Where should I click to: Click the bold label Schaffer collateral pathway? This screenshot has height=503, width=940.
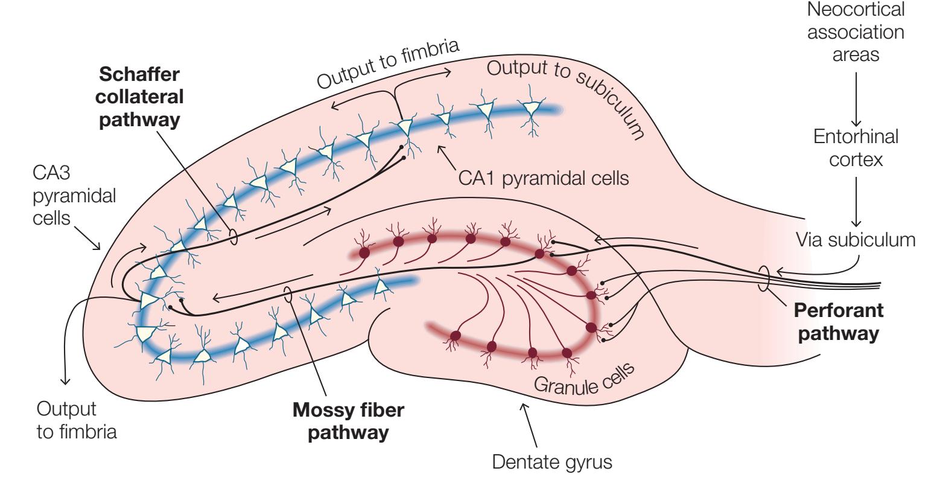[x=140, y=96]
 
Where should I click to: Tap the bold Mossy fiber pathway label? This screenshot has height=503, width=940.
[x=348, y=420]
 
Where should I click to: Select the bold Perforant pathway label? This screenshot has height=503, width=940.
[x=839, y=321]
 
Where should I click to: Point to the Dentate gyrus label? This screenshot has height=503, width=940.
[x=552, y=464]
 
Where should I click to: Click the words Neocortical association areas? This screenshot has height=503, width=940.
[x=856, y=31]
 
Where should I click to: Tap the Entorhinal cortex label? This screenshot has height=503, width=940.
[x=856, y=149]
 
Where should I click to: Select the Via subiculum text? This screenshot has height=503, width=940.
[x=856, y=240]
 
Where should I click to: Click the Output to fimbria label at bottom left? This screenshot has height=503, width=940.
[x=76, y=420]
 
